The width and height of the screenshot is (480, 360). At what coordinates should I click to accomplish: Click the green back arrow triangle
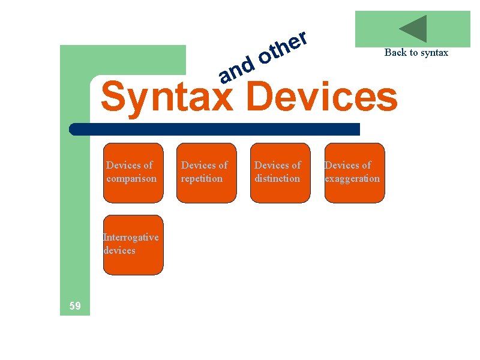click(x=414, y=29)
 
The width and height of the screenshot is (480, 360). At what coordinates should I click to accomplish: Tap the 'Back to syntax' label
click(x=416, y=52)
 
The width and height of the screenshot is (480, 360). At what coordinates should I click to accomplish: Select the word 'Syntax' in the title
click(x=166, y=97)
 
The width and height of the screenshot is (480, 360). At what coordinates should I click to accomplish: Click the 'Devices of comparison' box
click(x=133, y=173)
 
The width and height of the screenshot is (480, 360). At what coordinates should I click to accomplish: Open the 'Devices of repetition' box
click(x=207, y=173)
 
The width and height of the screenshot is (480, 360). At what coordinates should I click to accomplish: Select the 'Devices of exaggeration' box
click(x=355, y=173)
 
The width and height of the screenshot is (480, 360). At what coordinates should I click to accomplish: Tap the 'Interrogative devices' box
click(x=133, y=245)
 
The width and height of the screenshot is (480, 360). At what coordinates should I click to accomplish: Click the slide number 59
click(x=75, y=307)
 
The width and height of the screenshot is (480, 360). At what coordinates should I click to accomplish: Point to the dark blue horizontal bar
click(x=214, y=129)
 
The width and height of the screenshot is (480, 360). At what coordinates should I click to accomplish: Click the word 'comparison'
click(x=131, y=179)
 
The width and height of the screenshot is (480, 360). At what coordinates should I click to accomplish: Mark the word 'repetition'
click(x=202, y=179)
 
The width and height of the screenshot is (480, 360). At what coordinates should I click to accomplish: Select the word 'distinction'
click(x=277, y=179)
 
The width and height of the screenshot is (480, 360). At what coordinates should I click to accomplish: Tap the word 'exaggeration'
click(x=352, y=179)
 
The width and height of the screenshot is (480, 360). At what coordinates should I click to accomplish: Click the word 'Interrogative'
click(x=131, y=237)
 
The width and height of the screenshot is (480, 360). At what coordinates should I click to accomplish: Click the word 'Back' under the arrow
click(x=395, y=52)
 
